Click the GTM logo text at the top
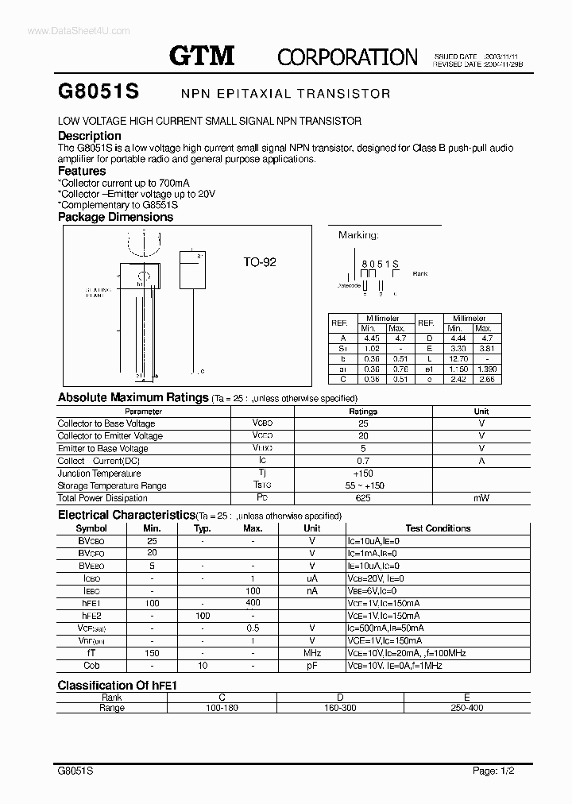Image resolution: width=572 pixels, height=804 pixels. pos(202,55)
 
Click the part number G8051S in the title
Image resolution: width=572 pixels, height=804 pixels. pos(99,91)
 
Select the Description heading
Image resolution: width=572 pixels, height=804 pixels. pos(89,136)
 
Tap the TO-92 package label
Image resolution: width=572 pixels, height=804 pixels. pos(259,261)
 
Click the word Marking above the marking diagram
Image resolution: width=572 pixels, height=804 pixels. pos(358,235)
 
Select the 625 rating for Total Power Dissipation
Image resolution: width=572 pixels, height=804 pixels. pos(363,498)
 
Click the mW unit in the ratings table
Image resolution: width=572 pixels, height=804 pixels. pos(481,498)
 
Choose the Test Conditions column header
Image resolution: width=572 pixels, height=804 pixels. pos(438,528)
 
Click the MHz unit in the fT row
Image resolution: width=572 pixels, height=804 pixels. pos(312,653)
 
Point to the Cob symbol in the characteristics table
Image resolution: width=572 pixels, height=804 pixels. pos(91,666)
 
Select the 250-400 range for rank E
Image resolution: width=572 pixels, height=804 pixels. pos(466,708)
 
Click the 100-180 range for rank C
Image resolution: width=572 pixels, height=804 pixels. pos(222,708)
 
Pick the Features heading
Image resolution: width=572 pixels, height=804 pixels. pos(82,171)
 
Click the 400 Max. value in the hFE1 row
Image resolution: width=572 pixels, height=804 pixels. pos(253,604)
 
